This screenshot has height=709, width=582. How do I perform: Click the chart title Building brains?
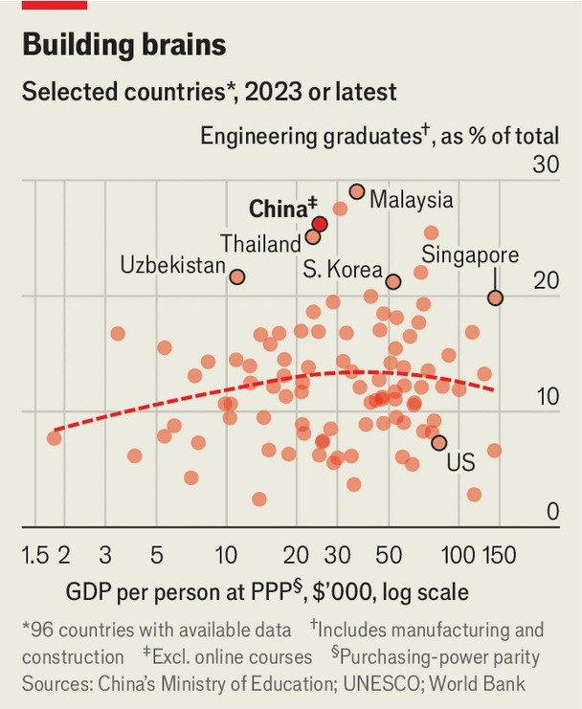click(x=124, y=45)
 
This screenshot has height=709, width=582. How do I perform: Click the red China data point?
click(x=320, y=224)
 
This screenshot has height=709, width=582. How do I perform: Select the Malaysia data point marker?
click(x=357, y=191)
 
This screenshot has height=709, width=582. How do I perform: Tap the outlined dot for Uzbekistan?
click(x=237, y=277)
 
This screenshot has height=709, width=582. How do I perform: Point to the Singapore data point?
click(x=495, y=298)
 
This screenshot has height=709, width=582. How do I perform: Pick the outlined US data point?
click(x=439, y=442)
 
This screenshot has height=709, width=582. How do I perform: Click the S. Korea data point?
click(x=393, y=281)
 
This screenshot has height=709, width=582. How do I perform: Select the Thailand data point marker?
click(x=313, y=236)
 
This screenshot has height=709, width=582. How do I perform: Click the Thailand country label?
click(x=261, y=244)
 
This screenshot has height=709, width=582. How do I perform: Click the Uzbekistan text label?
click(x=172, y=265)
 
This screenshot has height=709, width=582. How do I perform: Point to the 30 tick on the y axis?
click(x=546, y=164)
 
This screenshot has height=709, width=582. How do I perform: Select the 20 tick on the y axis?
click(x=546, y=280)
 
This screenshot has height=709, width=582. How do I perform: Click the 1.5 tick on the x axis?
click(x=36, y=556)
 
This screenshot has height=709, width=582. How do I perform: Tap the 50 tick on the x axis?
click(x=389, y=556)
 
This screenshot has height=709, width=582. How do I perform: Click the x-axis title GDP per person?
click(x=267, y=591)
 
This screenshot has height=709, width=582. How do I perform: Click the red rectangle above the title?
click(x=55, y=5)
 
